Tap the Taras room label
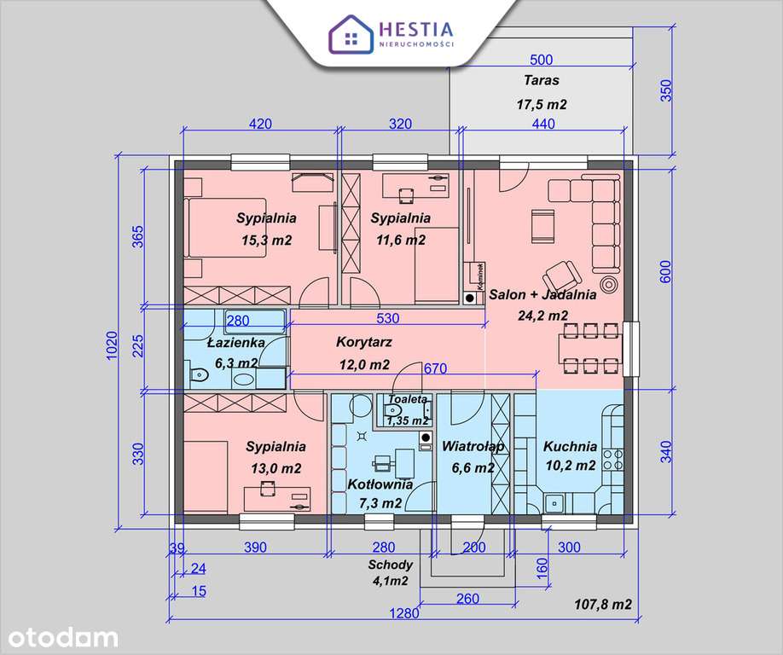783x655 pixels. (542, 81)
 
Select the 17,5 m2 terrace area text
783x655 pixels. (542, 104)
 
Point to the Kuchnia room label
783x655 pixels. (570, 445)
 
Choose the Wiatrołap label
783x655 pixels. (473, 446)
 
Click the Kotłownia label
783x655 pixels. (380, 484)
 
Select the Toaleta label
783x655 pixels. (407, 399)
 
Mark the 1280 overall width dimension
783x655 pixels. (406, 612)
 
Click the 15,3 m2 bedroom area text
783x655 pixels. (266, 241)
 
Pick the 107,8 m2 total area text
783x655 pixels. (602, 605)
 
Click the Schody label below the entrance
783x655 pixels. (391, 565)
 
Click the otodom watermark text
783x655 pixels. (60, 635)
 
